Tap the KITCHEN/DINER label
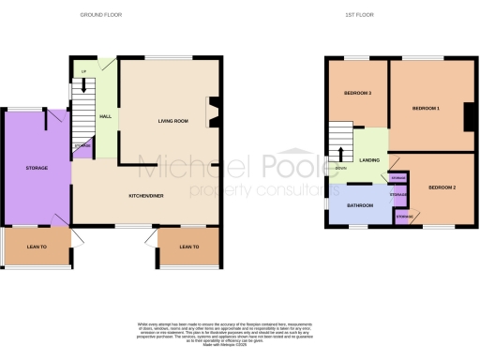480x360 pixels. click(146, 196)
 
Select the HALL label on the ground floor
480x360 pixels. click(106, 116)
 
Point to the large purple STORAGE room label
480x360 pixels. click(36, 168)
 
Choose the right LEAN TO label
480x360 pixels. click(188, 247)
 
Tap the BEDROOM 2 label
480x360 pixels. click(442, 188)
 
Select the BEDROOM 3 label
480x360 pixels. click(356, 94)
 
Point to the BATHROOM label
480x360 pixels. click(357, 205)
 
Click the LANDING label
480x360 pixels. click(369, 160)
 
